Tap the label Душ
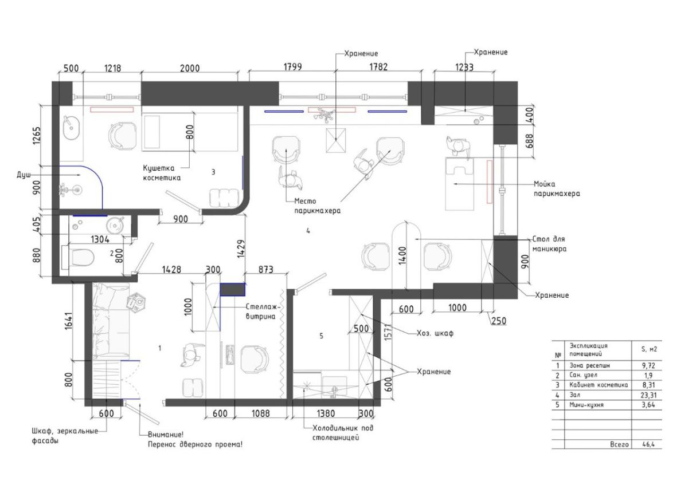click(24, 175)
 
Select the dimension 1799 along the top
click(292, 67)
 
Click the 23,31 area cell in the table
click(647, 395)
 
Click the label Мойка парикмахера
click(557, 189)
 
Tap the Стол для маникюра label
click(549, 244)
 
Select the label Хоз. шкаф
click(435, 333)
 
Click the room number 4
click(308, 231)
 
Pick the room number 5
click(321, 336)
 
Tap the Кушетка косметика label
click(162, 173)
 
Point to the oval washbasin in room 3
click(72, 129)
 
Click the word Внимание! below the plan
click(166, 435)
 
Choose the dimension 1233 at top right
click(464, 67)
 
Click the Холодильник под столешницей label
click(343, 432)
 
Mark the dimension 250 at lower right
click(499, 321)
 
